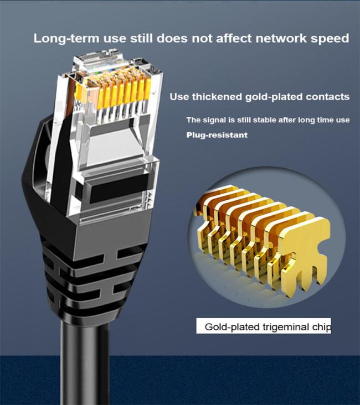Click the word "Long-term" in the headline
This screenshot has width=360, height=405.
[x=66, y=39]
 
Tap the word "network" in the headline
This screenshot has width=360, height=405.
[x=281, y=38]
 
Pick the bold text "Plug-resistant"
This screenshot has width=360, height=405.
[x=217, y=135]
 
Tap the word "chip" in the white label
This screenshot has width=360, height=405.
[x=321, y=327]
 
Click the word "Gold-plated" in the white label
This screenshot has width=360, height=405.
[x=232, y=327]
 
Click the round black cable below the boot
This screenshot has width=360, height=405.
[x=85, y=362]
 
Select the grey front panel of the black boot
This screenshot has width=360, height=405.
[x=112, y=233]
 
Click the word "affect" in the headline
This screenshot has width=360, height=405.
[x=234, y=38]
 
